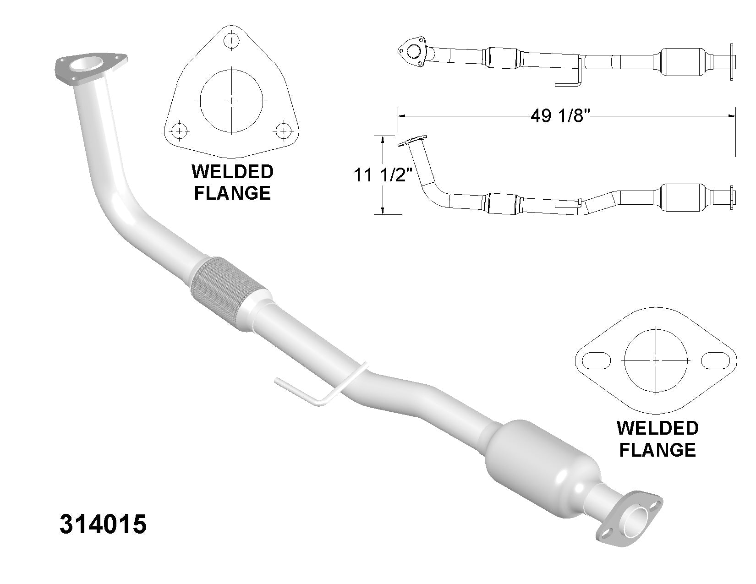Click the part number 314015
[x=103, y=524]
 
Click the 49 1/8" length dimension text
[x=560, y=115]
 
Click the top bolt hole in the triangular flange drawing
[x=231, y=41]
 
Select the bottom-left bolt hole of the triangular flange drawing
[x=179, y=131]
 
